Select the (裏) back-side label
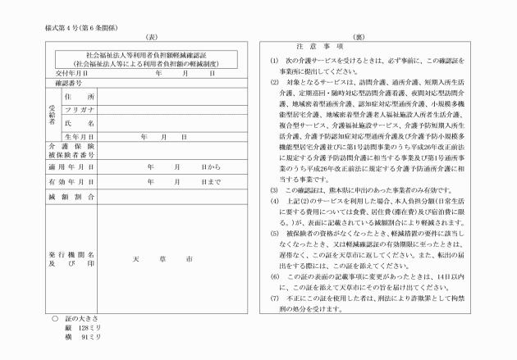point(359,39)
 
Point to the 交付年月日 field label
point(71,73)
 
